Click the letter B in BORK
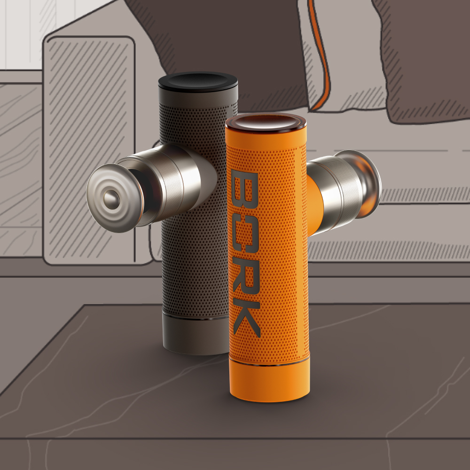(x=244, y=189)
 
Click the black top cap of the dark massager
(x=198, y=81)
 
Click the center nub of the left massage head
(x=111, y=199)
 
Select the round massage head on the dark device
(x=115, y=198)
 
